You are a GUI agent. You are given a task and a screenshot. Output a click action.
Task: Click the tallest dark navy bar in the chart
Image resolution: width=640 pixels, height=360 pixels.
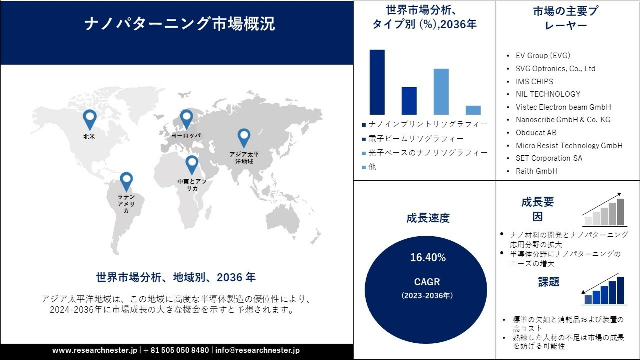(377, 82)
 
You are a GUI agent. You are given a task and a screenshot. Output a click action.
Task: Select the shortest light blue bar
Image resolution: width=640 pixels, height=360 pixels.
(473, 110)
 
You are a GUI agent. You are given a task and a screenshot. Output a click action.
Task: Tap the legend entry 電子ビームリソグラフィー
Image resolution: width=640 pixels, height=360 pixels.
(413, 139)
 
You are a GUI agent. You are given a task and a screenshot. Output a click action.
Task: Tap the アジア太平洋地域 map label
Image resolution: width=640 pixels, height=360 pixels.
(244, 158)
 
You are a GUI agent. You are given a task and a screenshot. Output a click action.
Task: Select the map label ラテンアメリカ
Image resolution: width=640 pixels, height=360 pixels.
(126, 204)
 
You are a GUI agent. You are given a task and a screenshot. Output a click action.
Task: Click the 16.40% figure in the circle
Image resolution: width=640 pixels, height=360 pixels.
(428, 257)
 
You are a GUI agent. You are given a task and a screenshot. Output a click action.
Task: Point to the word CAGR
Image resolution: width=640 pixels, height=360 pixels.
(427, 282)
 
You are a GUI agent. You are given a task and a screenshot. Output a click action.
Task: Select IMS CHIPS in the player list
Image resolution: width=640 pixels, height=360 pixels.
(534, 81)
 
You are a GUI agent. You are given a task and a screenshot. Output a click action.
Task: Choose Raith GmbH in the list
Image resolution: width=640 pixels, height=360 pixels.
(537, 171)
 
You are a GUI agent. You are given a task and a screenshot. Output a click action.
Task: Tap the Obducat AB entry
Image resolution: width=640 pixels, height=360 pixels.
(536, 133)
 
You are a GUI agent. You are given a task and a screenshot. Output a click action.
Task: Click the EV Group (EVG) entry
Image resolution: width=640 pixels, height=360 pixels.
(543, 55)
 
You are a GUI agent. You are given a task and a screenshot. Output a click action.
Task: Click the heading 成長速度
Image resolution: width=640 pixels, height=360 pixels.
(428, 218)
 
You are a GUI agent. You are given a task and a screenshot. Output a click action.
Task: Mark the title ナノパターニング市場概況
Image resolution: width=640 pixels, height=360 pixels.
(180, 24)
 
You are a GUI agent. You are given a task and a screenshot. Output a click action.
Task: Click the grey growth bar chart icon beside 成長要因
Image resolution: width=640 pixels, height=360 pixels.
(604, 210)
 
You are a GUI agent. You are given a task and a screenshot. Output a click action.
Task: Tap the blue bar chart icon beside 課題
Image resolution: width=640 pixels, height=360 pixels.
(604, 289)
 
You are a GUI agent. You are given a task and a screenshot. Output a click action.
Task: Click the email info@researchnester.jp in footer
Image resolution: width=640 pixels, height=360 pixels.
(257, 350)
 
